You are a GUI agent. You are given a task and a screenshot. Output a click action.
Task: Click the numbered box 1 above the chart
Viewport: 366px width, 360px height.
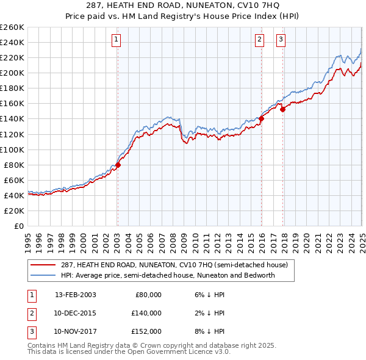point(116,40)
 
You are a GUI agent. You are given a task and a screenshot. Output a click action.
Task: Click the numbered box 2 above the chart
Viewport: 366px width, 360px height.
point(259,40)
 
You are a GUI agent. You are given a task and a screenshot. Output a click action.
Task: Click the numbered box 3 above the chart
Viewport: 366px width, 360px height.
point(281,40)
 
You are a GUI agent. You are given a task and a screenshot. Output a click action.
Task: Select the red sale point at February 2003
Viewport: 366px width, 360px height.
point(118,165)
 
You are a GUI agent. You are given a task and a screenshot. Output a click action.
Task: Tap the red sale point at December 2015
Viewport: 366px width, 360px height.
point(261,118)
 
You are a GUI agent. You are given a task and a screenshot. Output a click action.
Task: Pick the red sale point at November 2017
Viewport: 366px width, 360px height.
point(283,110)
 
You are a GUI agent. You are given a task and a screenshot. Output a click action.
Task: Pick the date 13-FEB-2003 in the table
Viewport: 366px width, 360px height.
point(76,295)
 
